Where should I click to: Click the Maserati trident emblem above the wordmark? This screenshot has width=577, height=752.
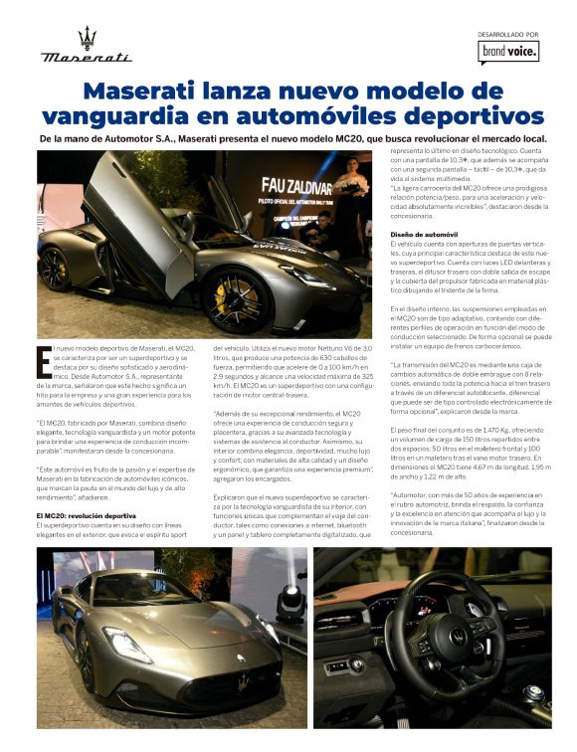click(88, 37)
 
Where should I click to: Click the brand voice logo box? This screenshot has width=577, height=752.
click(507, 51)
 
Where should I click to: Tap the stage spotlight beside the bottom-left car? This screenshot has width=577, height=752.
click(288, 603)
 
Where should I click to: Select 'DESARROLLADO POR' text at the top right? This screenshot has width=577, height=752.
click(507, 34)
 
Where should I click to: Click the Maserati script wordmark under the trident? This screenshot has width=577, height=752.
click(87, 58)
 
